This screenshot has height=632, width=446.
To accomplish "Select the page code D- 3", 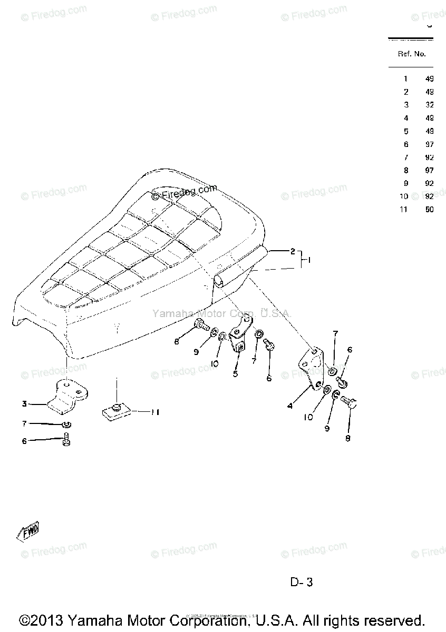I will pos(302,582).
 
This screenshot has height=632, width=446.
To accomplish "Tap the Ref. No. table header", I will pos(412,54).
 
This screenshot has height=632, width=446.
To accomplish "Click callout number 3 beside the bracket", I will pos(24,404).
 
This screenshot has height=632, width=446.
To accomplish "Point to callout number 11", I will pos(155,412).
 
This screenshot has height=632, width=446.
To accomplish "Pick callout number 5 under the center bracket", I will pos(235,373).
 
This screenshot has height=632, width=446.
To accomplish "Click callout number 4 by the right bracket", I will pos(289,407).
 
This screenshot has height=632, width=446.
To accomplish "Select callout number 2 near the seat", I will pos(293,251).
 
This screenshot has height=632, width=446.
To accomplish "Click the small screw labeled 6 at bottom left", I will pos(66,440).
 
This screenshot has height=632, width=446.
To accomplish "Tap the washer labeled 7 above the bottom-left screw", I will pos(66,424).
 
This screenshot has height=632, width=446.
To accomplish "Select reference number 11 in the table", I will pos(404,209).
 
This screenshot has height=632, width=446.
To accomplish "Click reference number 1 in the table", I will pos(405,79).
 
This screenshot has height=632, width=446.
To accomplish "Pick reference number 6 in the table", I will pos(405,144).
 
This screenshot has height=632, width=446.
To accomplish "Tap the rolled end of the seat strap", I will pos(220,281).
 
